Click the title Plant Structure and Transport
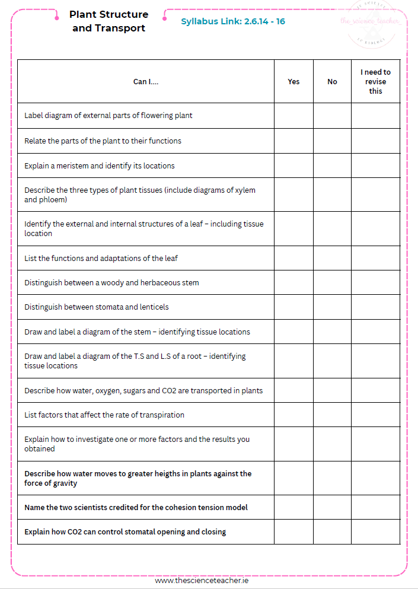click(109, 21)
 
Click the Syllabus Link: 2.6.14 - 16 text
click(233, 21)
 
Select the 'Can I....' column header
click(146, 82)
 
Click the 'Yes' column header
click(293, 82)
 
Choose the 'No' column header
click(332, 82)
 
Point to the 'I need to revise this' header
click(375, 82)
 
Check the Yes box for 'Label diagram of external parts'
click(293, 116)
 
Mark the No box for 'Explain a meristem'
click(332, 165)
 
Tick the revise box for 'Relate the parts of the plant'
click(375, 141)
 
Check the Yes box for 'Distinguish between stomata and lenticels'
click(293, 307)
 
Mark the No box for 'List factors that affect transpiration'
click(332, 415)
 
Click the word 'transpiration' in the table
click(161, 415)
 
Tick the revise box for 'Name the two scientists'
click(375, 507)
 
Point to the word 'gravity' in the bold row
click(63, 483)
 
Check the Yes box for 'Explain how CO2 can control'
click(293, 531)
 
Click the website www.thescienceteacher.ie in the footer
click(202, 581)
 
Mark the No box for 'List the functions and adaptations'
click(332, 258)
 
